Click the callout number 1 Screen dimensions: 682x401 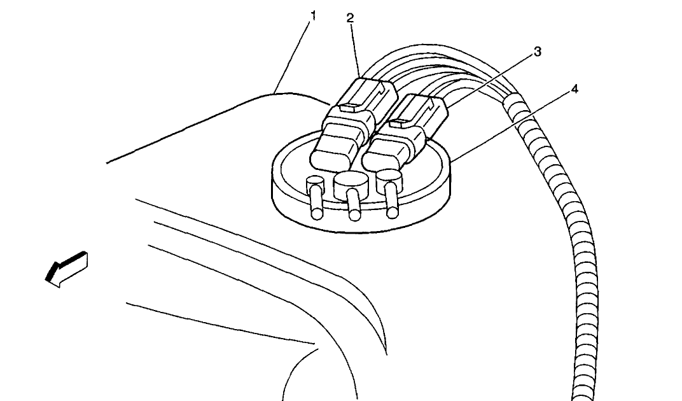pos(313,16)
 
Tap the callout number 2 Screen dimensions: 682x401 pos(350,18)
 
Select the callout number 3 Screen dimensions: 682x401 pos(538,52)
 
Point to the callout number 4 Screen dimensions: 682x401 pos(574,89)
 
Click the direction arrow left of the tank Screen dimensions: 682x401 pos(67,269)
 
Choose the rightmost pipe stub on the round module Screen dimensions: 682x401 pos(391,199)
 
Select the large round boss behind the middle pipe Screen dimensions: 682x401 pos(350,183)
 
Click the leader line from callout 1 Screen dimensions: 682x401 pos(293,57)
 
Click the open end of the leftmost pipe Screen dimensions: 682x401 pos(317,214)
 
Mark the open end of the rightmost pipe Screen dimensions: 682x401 pos(393,213)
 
